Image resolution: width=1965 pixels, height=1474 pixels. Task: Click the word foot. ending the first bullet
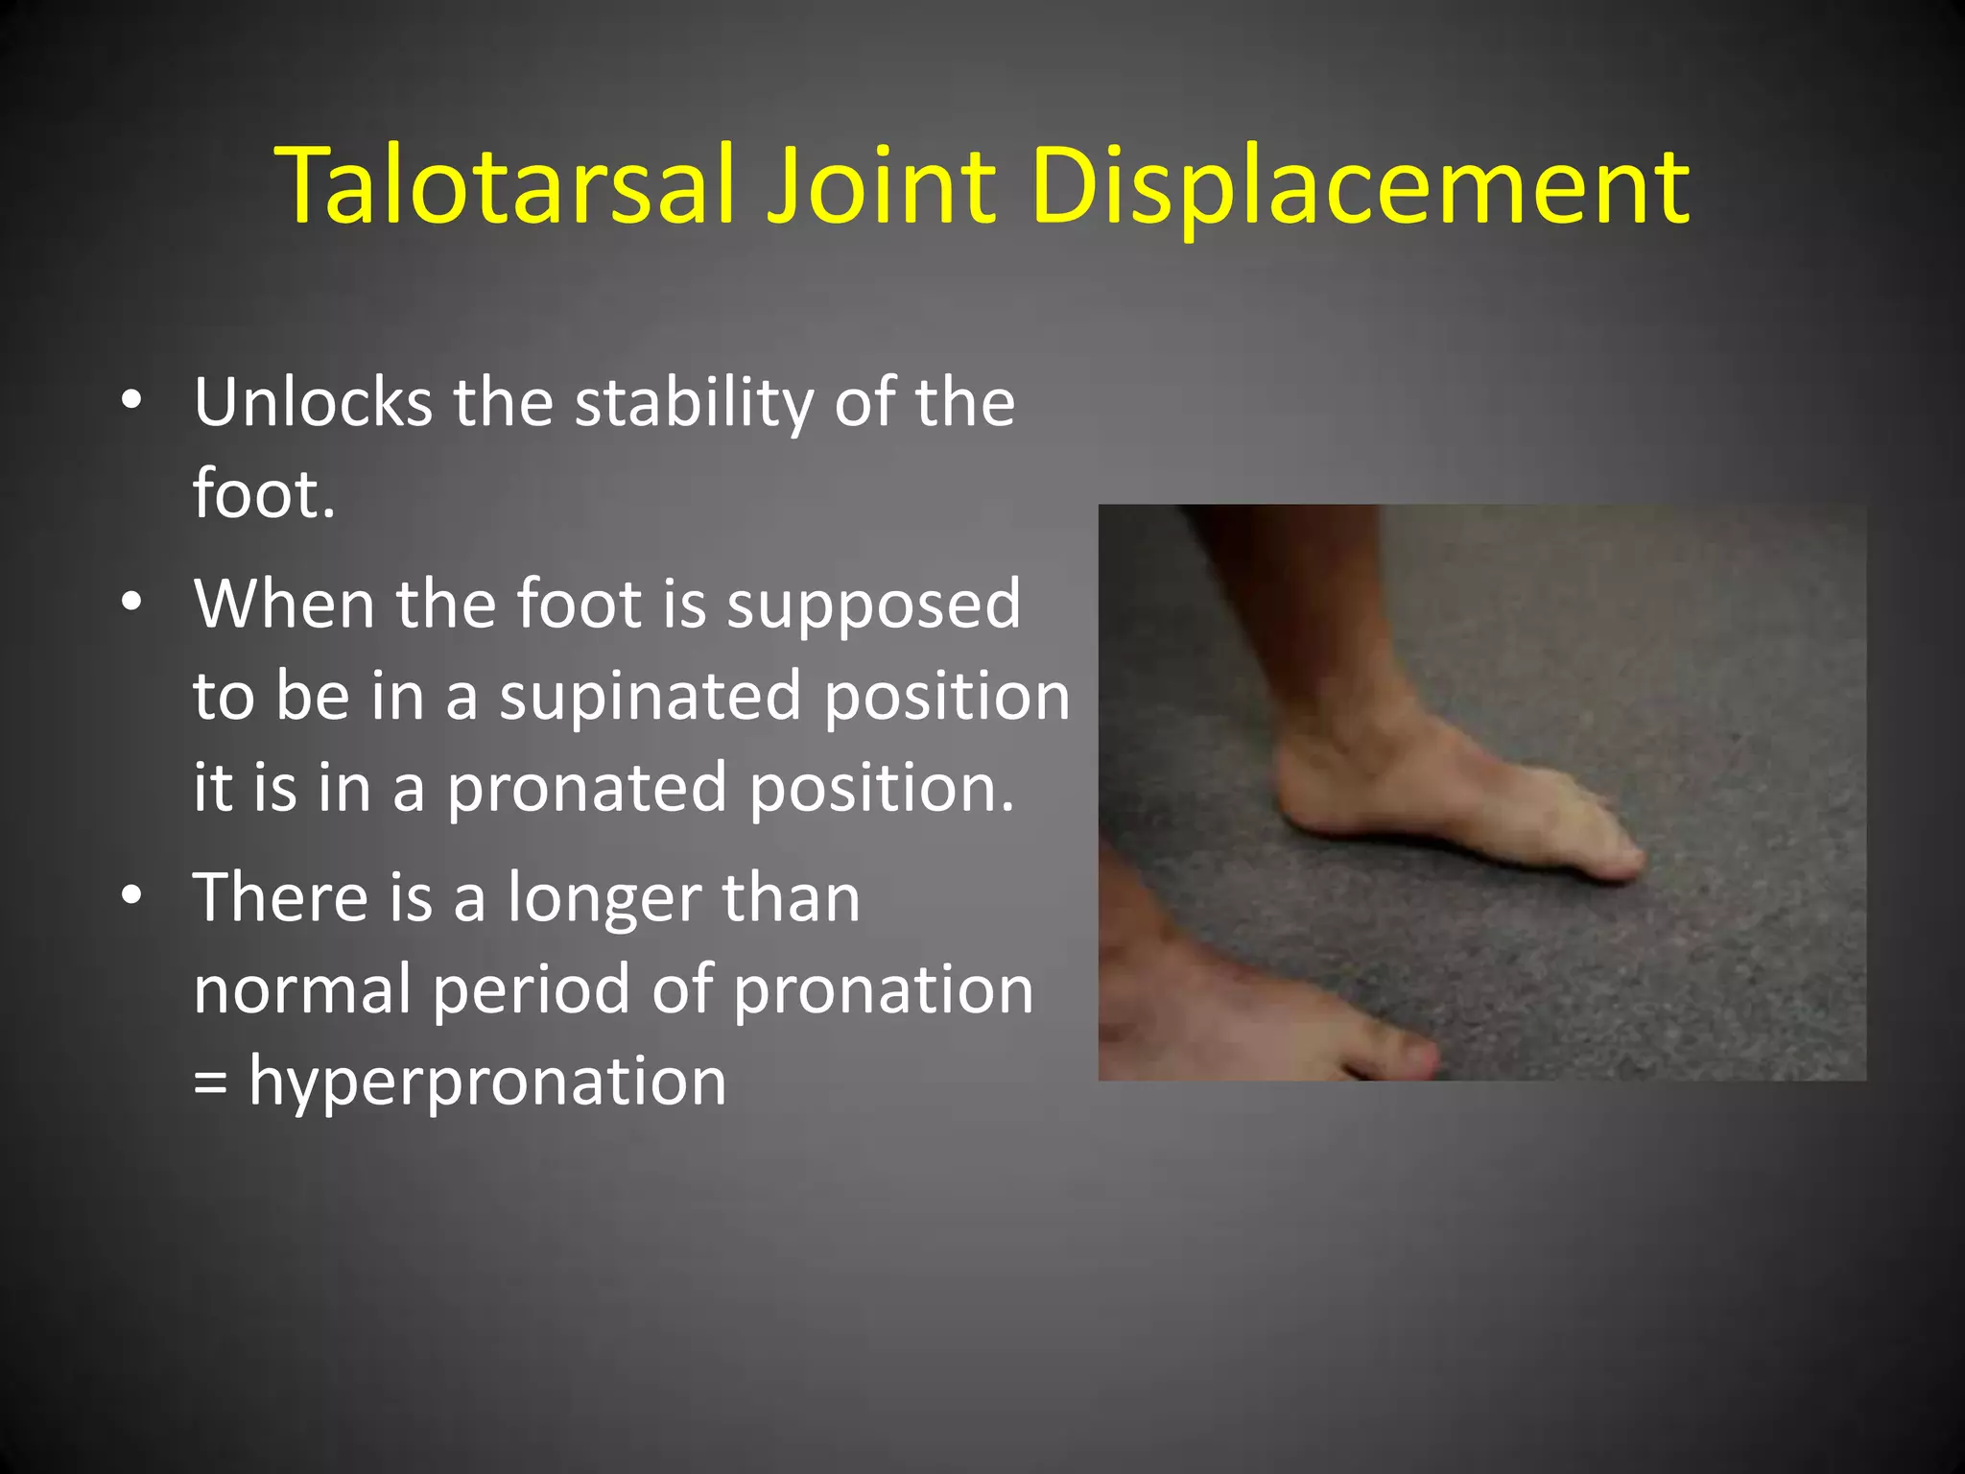click(x=264, y=493)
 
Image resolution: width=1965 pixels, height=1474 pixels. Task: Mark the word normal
click(x=301, y=988)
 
